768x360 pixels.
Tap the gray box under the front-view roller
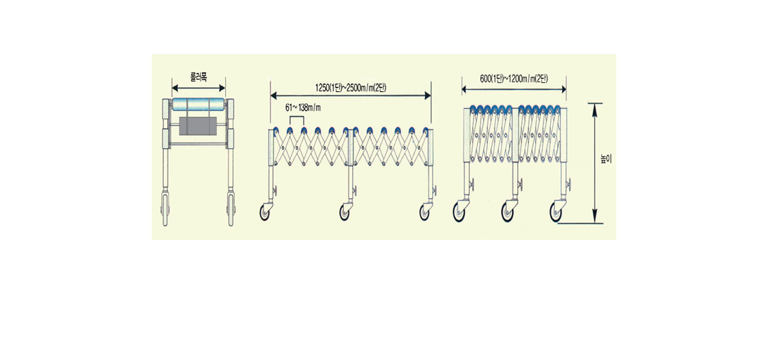tap(197, 125)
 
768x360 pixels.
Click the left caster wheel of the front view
tap(165, 209)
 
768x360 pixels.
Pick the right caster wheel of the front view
tap(230, 209)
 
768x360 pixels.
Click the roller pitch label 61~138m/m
tap(304, 107)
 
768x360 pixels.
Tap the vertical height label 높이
tap(607, 161)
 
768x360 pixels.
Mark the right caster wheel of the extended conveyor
tap(426, 212)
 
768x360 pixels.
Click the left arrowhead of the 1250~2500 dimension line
tap(274, 95)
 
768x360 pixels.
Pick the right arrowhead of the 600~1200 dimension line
tap(563, 89)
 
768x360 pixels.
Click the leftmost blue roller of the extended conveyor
tap(275, 130)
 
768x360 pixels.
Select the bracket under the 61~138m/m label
tap(297, 119)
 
